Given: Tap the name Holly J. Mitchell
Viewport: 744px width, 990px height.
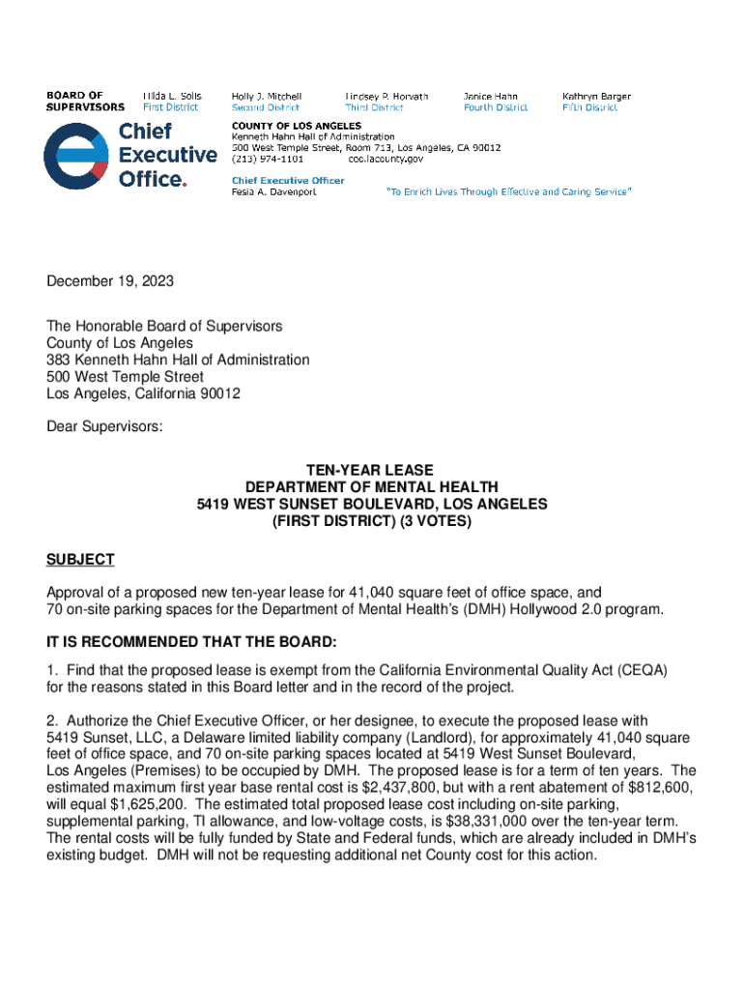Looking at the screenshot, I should click(x=266, y=97).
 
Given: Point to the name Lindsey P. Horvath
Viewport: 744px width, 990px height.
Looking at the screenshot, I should click(x=386, y=97).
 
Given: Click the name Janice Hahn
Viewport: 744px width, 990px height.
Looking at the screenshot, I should click(x=490, y=97).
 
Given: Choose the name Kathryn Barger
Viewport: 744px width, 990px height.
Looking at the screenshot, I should click(x=596, y=97).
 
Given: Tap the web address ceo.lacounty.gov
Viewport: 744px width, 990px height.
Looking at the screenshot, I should click(x=386, y=159).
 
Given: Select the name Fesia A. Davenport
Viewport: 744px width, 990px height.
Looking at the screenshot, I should click(x=273, y=191).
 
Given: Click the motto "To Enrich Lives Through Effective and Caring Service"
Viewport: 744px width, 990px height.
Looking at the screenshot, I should click(x=509, y=191).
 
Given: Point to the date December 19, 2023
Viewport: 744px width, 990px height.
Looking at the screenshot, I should click(x=111, y=282).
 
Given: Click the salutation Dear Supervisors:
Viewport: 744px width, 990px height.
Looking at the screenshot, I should click(x=105, y=428).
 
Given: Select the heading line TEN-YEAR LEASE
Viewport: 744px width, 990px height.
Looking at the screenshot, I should click(x=372, y=471).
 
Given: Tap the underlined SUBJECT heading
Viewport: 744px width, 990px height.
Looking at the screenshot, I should click(x=80, y=560).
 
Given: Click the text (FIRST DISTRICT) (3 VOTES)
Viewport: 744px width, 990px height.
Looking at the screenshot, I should click(x=372, y=521).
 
